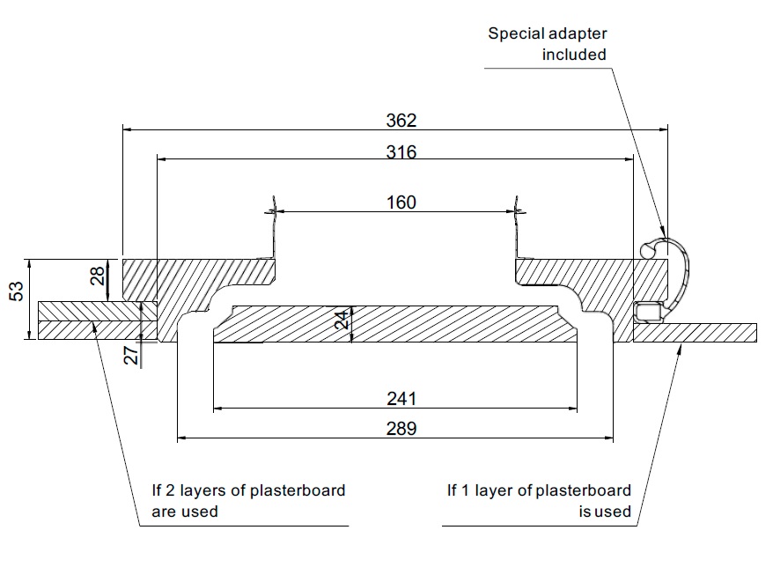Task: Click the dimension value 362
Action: (x=401, y=120)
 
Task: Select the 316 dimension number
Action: (x=401, y=151)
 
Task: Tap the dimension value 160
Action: (x=401, y=202)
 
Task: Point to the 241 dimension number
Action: (x=401, y=399)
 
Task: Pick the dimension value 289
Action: (x=401, y=429)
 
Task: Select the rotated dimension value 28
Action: (x=98, y=276)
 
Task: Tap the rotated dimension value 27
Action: (x=129, y=356)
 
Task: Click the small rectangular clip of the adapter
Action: (x=649, y=310)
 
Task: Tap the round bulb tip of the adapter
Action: (x=646, y=250)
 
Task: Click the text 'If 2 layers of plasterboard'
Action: (x=248, y=490)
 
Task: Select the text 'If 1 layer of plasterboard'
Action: (x=538, y=490)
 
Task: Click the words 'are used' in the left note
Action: (x=185, y=511)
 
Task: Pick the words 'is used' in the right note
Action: (x=605, y=511)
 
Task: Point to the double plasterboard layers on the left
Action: (x=88, y=320)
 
